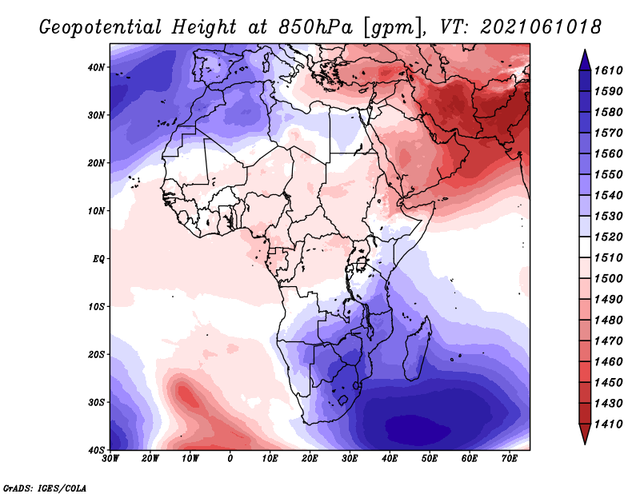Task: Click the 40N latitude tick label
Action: [x=96, y=67]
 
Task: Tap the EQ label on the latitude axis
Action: [x=98, y=259]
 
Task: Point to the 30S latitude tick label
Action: [x=96, y=402]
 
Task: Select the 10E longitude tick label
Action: [x=270, y=459]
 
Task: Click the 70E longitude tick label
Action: [x=510, y=459]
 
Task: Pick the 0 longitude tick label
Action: [x=230, y=459]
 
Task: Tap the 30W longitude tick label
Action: [x=110, y=459]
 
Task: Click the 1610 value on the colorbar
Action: [x=608, y=70]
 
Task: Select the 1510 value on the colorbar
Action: [x=608, y=258]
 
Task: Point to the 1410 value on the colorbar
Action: [x=608, y=424]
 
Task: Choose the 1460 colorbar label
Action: [x=608, y=362]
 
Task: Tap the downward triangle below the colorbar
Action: [x=585, y=434]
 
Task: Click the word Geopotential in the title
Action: [x=101, y=28]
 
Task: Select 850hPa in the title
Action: [x=315, y=27]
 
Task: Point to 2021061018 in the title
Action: [x=541, y=27]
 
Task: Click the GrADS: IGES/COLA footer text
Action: [x=45, y=488]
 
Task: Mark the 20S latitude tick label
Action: [x=96, y=354]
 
